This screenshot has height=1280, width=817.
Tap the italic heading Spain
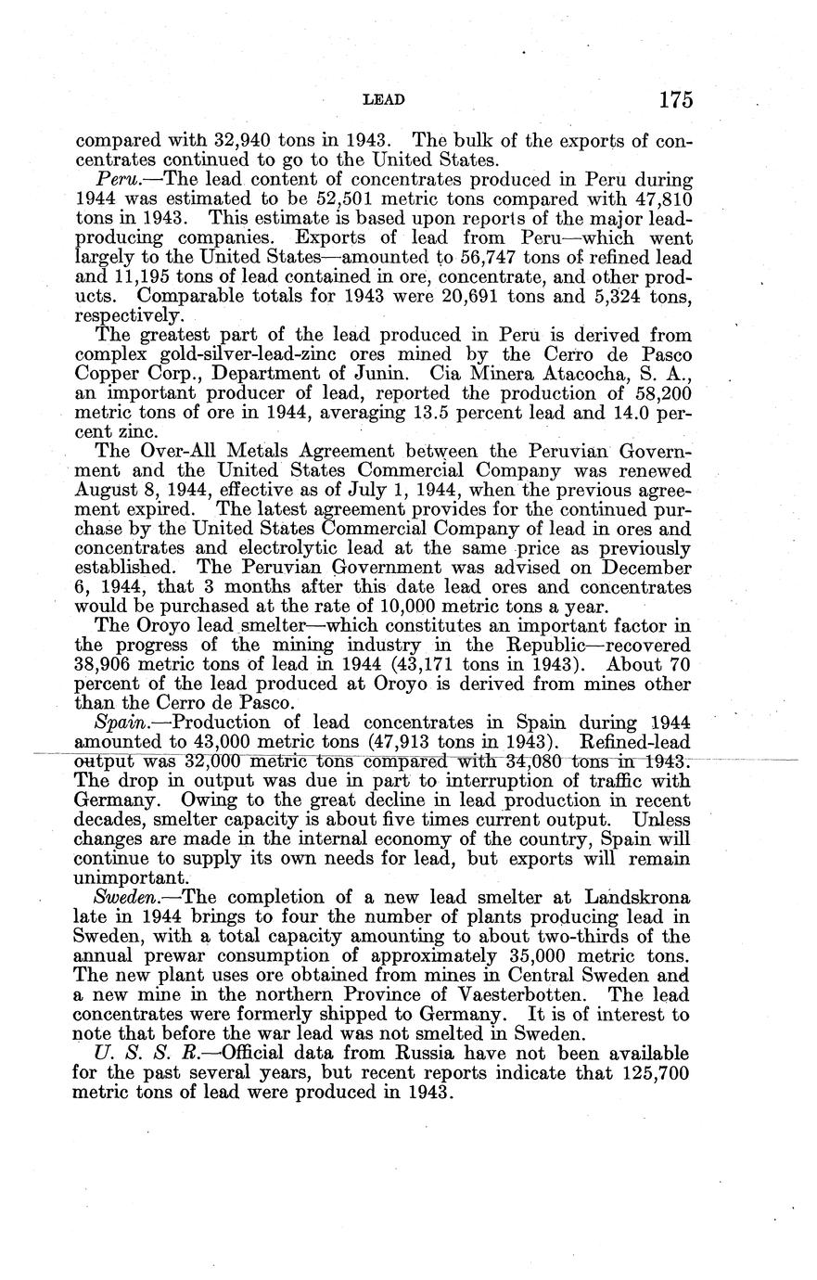click(118, 722)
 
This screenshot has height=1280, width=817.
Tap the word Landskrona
click(635, 898)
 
